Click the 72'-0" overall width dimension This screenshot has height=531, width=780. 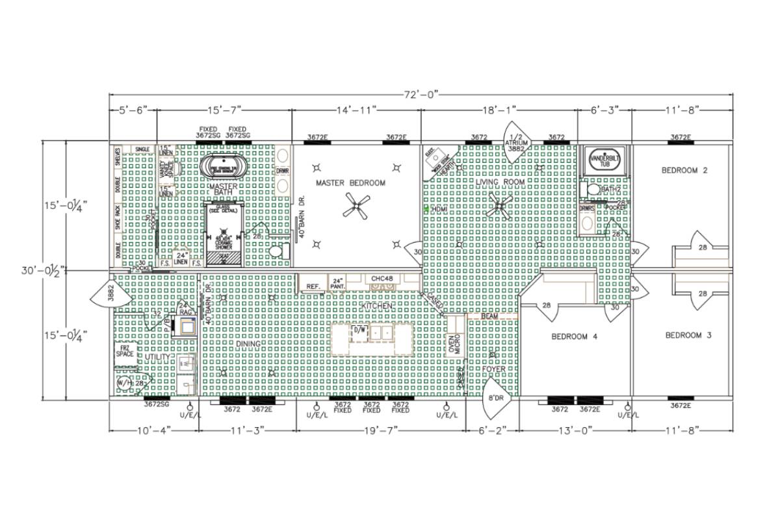(421, 95)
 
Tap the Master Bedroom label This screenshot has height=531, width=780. (350, 183)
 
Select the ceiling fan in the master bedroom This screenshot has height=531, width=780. (356, 208)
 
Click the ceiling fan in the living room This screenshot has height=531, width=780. (500, 207)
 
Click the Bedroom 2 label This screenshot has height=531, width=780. (684, 171)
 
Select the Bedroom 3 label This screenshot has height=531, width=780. (688, 336)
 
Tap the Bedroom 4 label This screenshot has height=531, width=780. (574, 336)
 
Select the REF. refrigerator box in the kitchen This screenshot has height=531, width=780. (313, 285)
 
